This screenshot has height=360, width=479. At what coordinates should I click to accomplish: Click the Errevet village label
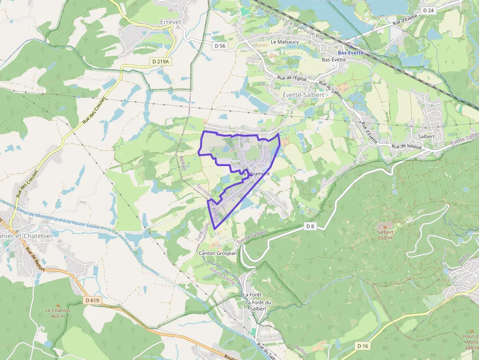point(170,22)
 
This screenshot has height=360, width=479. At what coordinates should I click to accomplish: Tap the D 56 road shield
point(220,45)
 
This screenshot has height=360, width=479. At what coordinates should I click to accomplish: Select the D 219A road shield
point(160,62)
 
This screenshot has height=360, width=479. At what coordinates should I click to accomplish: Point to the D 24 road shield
point(429,10)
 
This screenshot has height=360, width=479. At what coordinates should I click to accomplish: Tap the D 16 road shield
point(362,346)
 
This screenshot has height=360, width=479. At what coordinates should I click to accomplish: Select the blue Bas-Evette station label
point(348,52)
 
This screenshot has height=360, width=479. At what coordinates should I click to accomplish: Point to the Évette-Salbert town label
point(303,94)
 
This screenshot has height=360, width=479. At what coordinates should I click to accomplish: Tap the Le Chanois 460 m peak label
point(58,313)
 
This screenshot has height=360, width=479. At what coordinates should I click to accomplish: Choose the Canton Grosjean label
point(218,254)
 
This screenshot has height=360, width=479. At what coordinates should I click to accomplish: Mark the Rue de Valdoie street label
point(407,147)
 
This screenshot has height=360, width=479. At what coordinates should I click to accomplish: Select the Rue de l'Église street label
point(291,78)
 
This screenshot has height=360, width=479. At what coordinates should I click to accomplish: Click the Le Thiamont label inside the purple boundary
point(255,173)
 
